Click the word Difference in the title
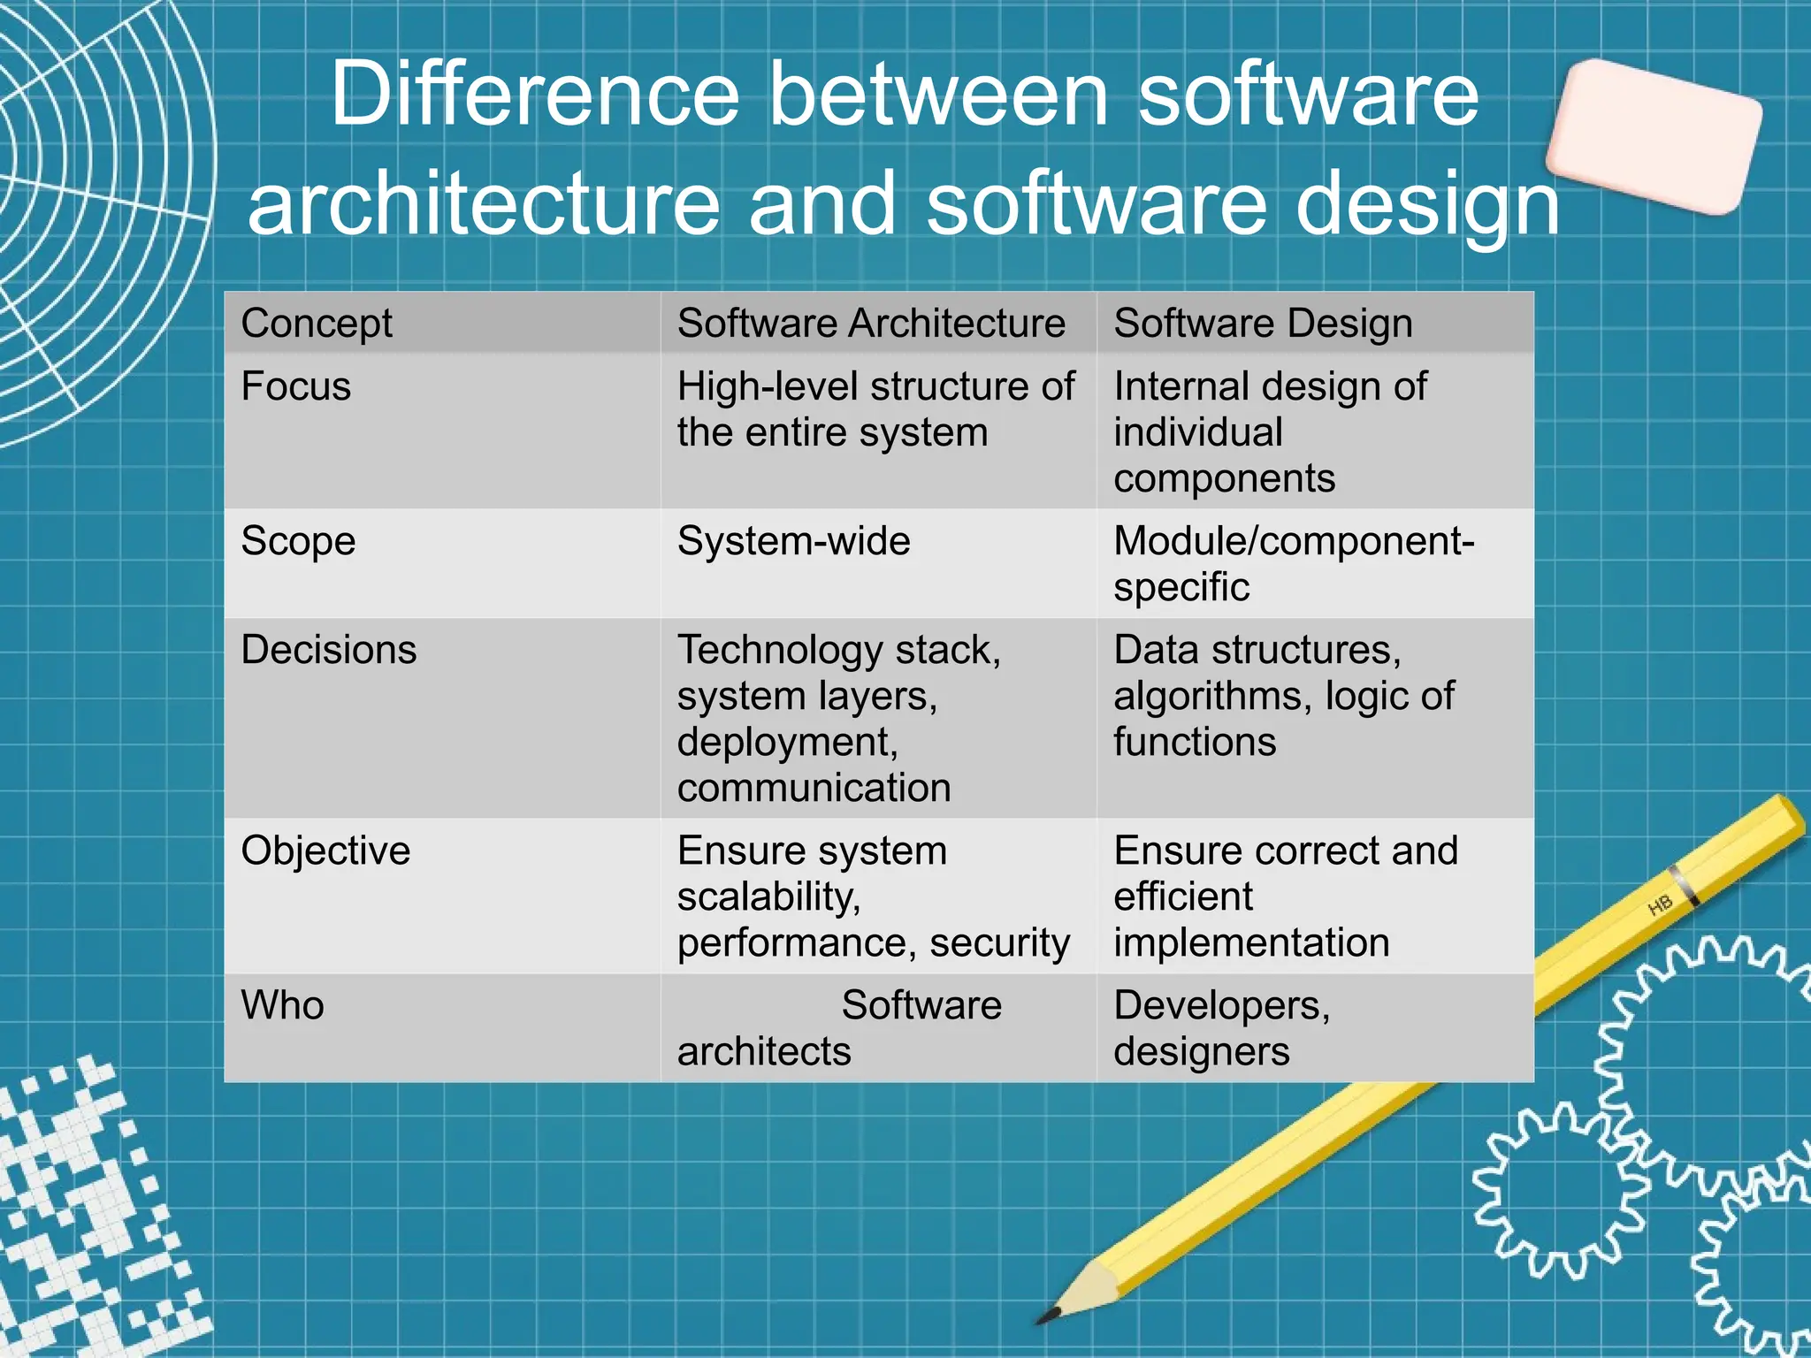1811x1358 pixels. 534,95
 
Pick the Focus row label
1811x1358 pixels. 296,387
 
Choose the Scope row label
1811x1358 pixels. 298,541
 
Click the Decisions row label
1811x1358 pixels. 329,650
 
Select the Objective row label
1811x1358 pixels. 325,851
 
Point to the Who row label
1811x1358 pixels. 283,1005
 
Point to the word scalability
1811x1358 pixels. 768,896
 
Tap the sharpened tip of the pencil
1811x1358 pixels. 1049,1316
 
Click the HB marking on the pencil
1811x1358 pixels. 1660,905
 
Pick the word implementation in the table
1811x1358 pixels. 1251,942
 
